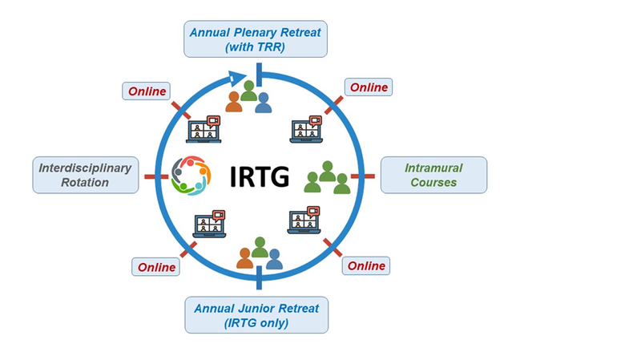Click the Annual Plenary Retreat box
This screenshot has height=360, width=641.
256,39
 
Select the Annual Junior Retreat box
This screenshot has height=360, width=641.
256,315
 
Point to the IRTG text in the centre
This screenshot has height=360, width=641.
259,176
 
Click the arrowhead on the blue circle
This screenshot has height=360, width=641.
235,78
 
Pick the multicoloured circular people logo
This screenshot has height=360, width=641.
190,175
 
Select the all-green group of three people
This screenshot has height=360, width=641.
327,178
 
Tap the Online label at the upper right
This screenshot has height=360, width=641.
369,87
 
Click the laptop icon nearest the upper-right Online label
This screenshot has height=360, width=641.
305,129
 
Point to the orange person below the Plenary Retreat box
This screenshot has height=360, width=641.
234,102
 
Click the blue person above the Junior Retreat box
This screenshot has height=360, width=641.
274,258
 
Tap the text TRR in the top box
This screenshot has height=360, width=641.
272,47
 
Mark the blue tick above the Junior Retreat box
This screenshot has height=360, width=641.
259,279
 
